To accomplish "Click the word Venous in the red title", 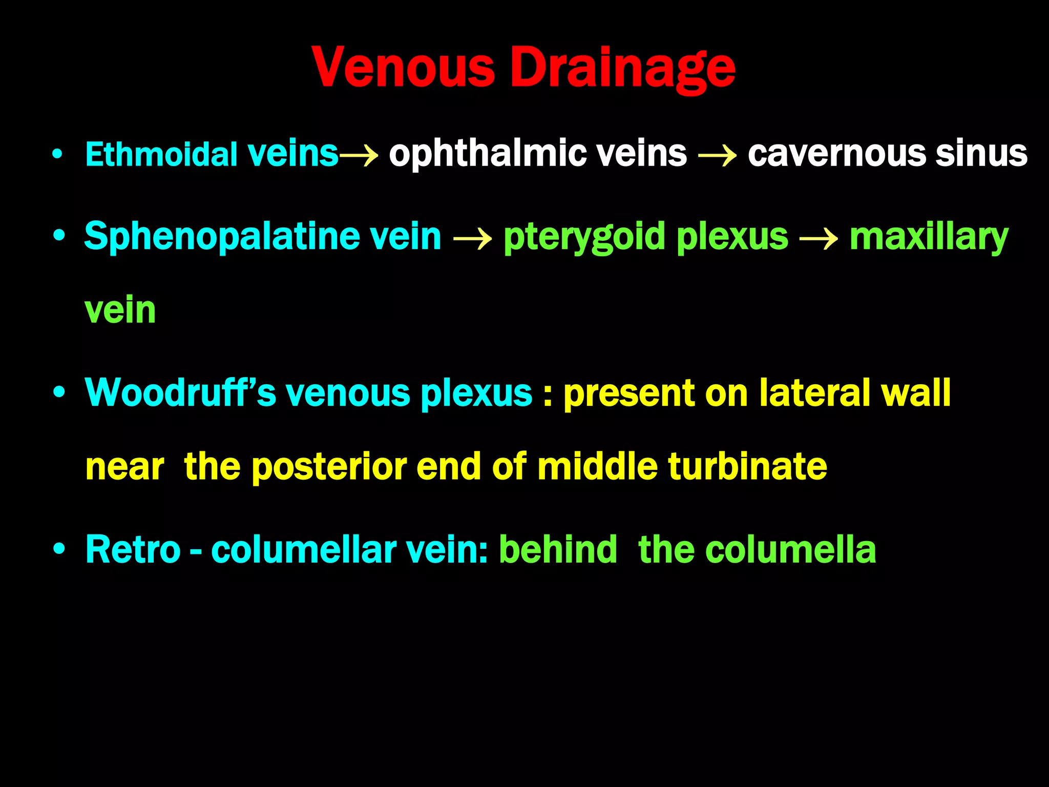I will point(403,68).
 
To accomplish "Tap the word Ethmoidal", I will point(161,154).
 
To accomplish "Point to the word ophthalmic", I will point(487,154).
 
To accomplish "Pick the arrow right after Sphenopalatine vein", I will point(472,238).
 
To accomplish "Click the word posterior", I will point(329,467).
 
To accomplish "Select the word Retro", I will point(133,549).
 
